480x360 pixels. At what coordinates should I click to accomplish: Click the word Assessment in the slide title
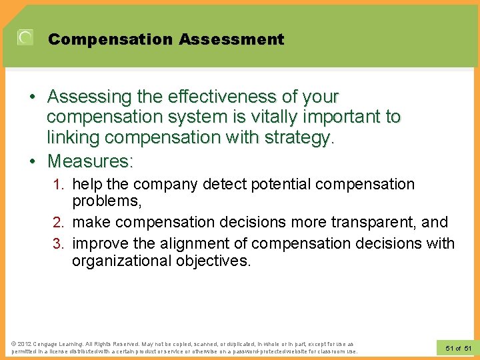(231, 39)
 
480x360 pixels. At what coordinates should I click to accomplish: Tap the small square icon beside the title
(25, 38)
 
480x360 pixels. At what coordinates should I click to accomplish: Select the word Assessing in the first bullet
(89, 97)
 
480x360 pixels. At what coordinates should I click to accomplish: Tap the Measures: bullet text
(90, 161)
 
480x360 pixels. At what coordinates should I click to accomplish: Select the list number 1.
(59, 184)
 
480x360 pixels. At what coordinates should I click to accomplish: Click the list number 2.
(59, 222)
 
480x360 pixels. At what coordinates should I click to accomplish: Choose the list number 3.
(59, 243)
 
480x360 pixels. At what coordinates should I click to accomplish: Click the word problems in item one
(103, 201)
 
